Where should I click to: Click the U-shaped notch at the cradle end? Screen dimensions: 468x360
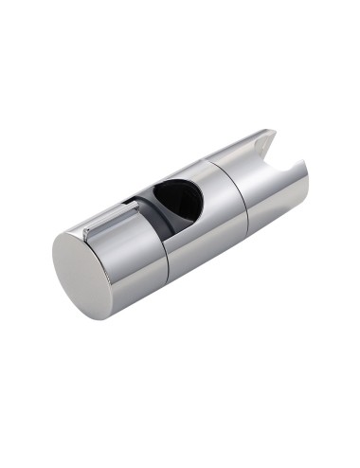(290, 151)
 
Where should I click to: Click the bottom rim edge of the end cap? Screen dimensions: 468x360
(95, 316)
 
